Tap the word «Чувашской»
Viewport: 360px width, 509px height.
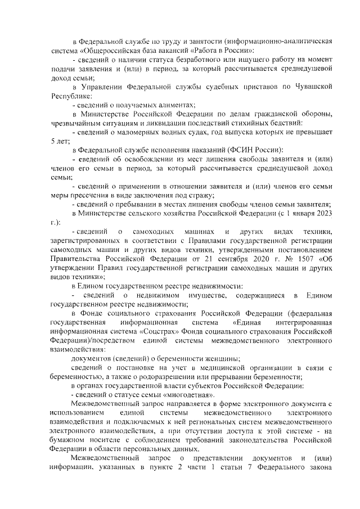tap(317, 87)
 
